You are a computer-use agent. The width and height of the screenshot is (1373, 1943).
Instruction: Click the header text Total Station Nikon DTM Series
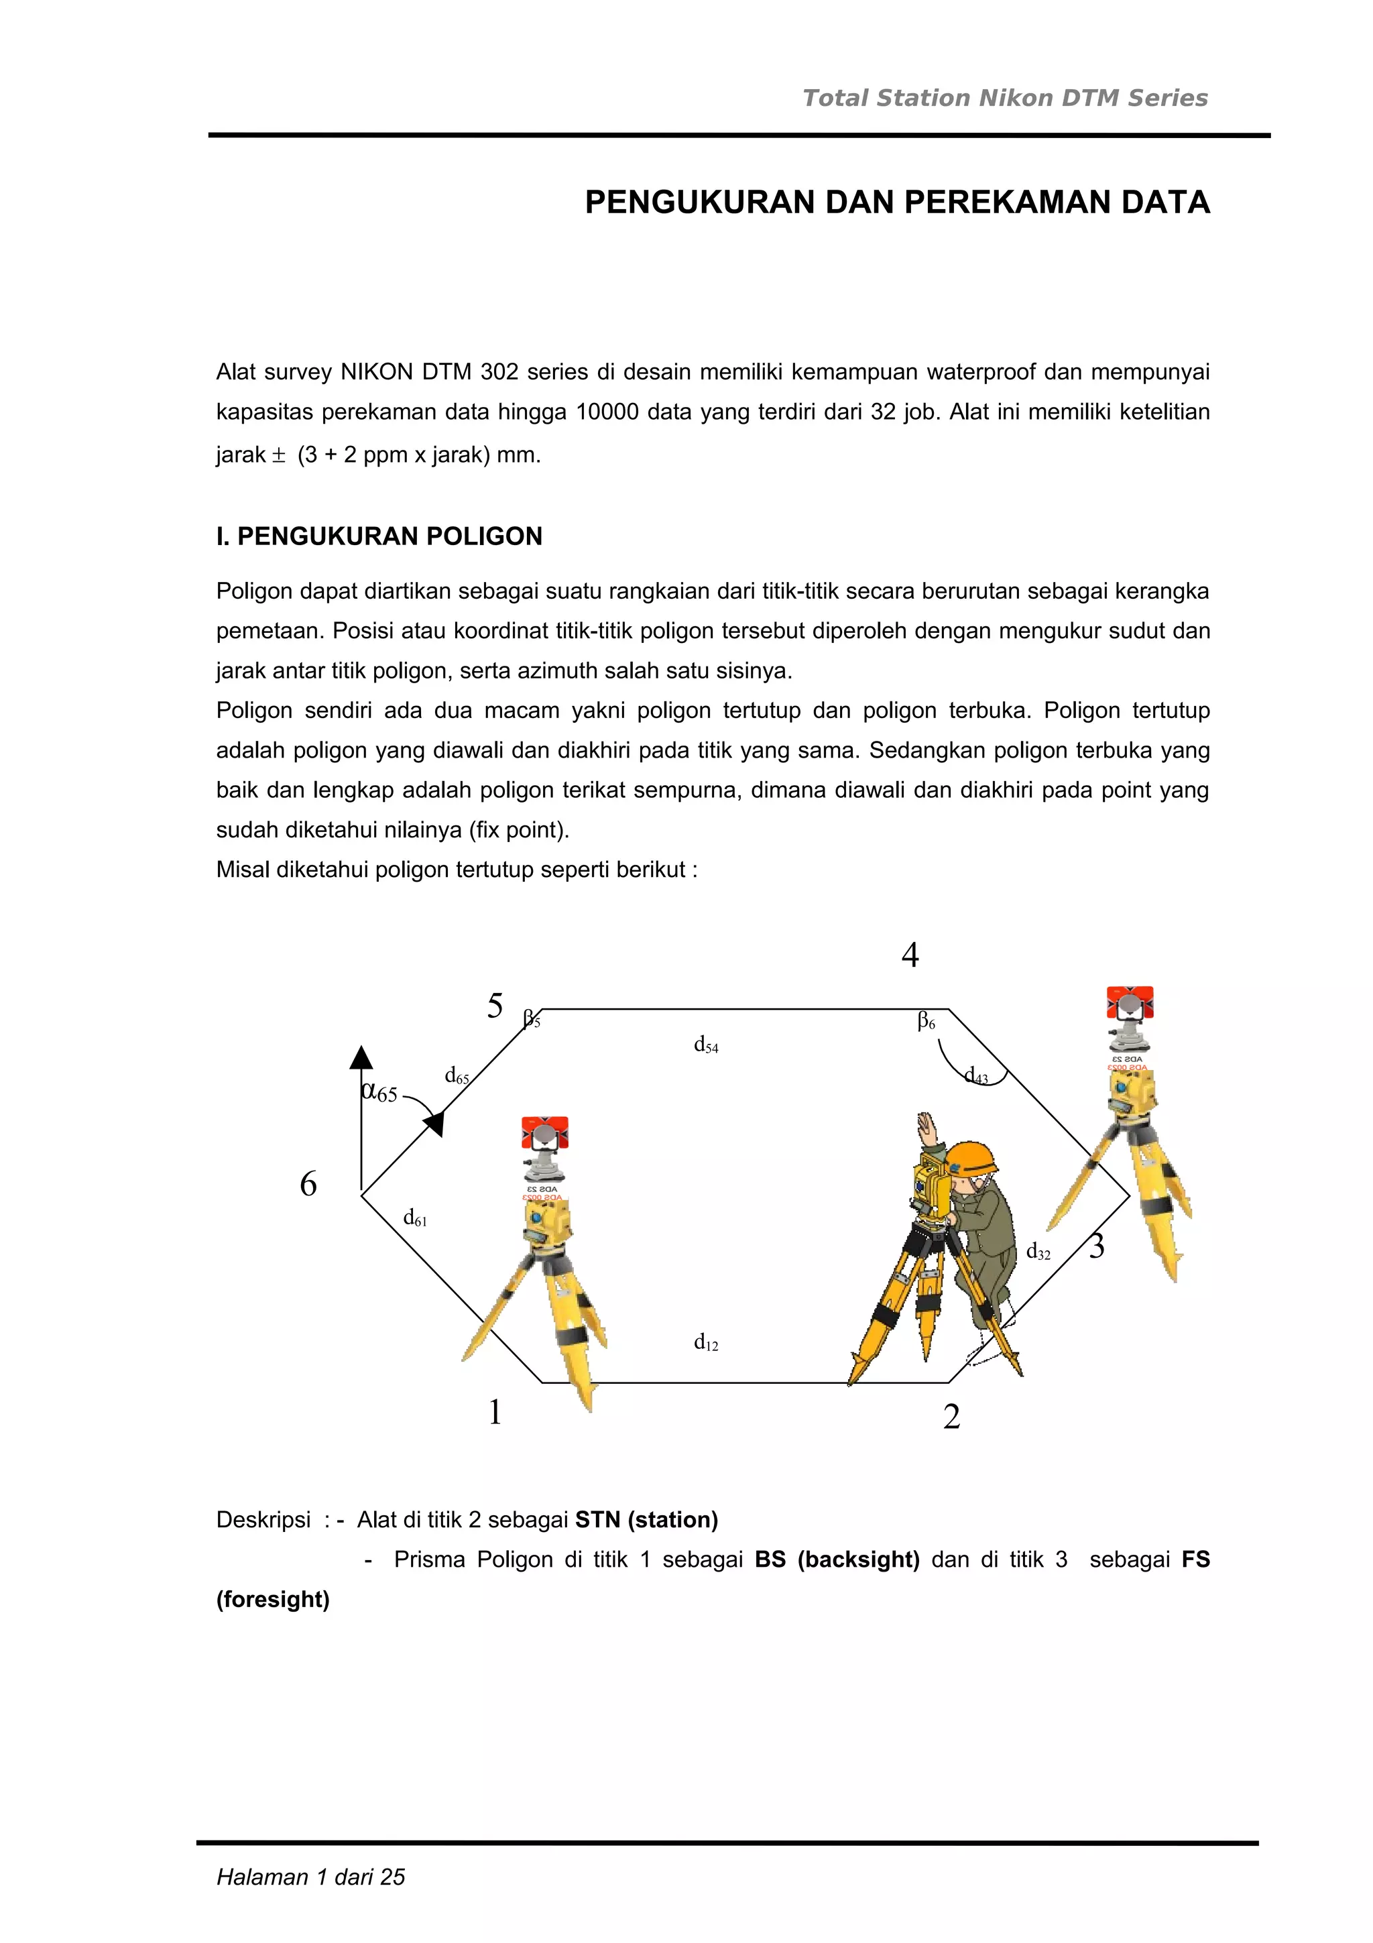click(1004, 98)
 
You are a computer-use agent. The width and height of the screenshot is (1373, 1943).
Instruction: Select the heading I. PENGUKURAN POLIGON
click(379, 536)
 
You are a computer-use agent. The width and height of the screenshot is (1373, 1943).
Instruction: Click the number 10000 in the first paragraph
click(607, 412)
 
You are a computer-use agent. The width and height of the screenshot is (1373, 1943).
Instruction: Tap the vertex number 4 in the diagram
click(910, 955)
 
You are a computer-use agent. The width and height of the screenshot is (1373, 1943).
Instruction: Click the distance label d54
click(705, 1045)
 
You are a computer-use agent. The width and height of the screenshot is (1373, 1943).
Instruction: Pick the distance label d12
click(705, 1342)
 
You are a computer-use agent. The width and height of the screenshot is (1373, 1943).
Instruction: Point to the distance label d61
click(414, 1219)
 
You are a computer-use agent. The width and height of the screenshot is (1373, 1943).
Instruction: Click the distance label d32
click(1037, 1252)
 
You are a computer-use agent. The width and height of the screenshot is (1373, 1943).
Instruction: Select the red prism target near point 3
click(1130, 1004)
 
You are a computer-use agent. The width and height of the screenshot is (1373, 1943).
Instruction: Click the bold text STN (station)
click(646, 1520)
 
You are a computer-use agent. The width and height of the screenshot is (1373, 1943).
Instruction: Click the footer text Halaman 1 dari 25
click(310, 1877)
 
